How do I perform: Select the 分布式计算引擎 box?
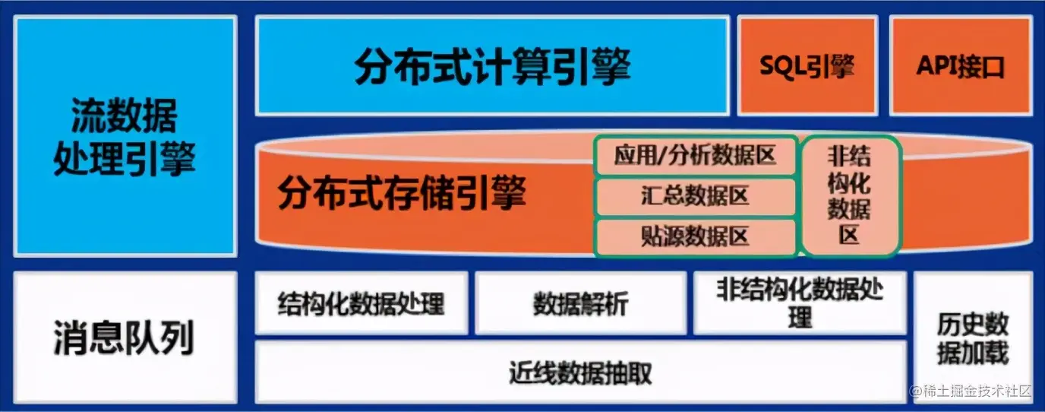(x=492, y=66)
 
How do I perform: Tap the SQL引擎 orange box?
(x=807, y=66)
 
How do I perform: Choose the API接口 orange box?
(x=959, y=66)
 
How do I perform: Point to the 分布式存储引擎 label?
(x=402, y=193)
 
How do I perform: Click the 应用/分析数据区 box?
(x=695, y=157)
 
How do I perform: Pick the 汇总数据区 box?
(x=695, y=196)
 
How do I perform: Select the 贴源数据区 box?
(x=695, y=236)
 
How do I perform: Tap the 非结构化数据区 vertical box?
(x=849, y=196)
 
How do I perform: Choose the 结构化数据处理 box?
(x=361, y=303)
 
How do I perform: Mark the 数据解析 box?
(x=581, y=303)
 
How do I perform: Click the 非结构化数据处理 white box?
(x=800, y=303)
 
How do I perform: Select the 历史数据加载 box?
(x=972, y=338)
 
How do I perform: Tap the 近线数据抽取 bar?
(x=581, y=372)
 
